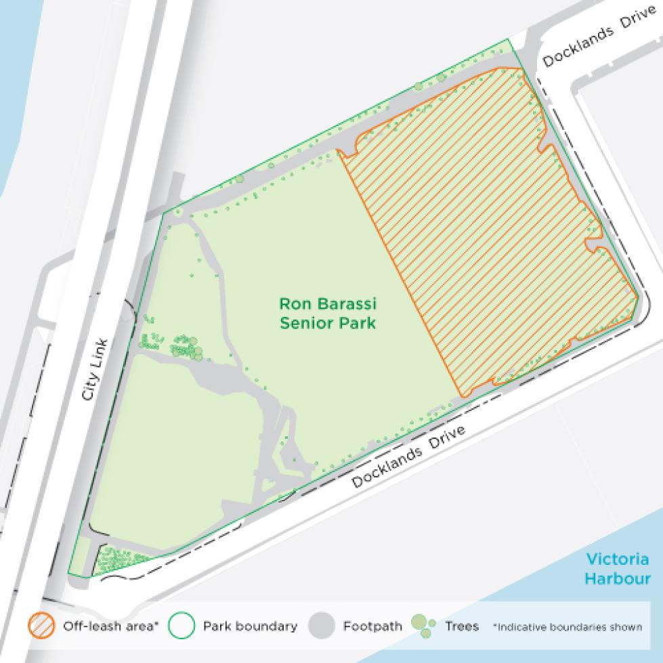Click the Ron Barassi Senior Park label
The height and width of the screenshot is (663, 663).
327,313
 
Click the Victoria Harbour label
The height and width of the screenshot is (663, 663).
617,569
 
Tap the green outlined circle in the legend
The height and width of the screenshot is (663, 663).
182,626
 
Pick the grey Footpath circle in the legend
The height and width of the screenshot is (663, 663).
322,626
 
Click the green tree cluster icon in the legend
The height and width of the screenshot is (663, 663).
422,626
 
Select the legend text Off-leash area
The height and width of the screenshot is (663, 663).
110,626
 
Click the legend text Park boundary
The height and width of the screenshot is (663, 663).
250,626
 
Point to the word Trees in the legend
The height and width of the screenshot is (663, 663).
461,626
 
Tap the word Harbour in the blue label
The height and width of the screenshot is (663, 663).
617,578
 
